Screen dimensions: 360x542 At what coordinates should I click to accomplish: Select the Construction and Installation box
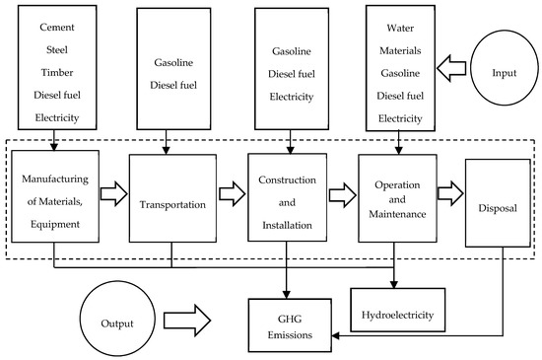click(x=287, y=196)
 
